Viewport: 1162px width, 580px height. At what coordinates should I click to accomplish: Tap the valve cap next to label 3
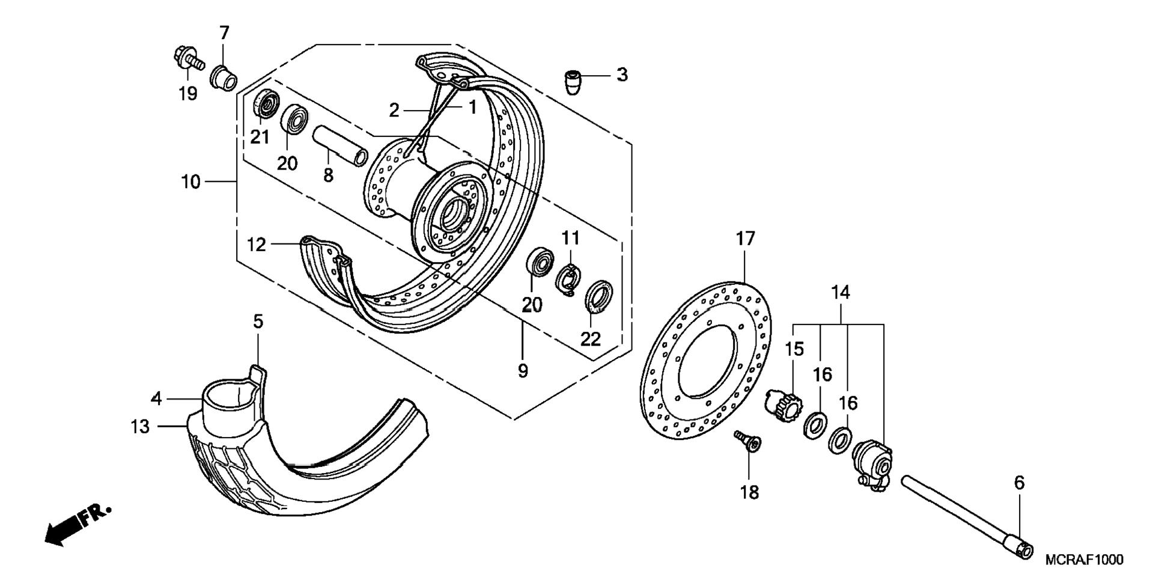tap(574, 81)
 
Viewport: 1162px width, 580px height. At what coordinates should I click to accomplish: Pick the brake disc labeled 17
tap(705, 360)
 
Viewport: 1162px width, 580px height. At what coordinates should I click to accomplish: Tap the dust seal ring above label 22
tap(599, 296)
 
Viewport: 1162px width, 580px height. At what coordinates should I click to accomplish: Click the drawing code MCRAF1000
tap(1083, 560)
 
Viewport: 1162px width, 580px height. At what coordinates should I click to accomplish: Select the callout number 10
tap(190, 182)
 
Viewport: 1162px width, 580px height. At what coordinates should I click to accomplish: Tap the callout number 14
tap(841, 293)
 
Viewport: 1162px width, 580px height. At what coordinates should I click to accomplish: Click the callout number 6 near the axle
tap(1019, 483)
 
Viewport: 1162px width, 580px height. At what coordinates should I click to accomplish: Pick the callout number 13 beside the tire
tap(140, 427)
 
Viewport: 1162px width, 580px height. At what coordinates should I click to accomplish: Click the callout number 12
tap(257, 245)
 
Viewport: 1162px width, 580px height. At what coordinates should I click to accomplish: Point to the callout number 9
tap(523, 371)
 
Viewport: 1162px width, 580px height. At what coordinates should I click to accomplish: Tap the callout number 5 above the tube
tap(258, 322)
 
